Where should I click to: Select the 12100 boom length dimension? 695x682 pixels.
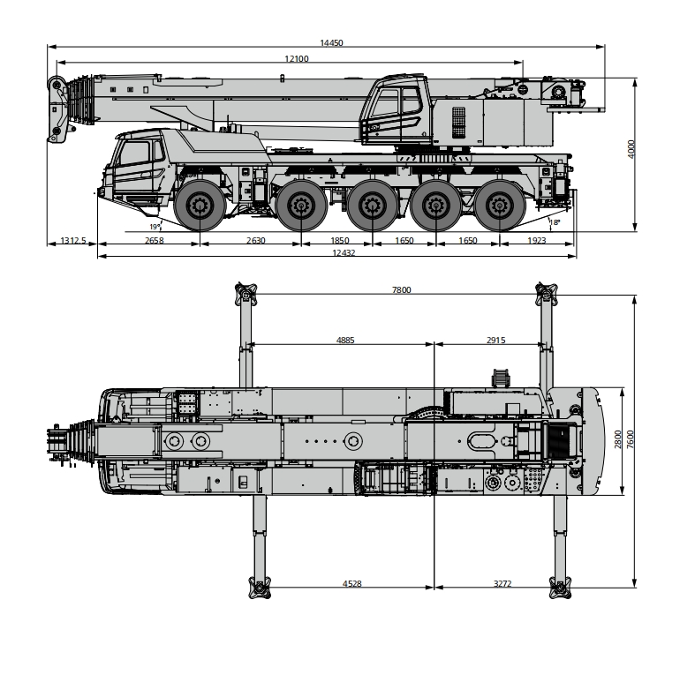[x=296, y=58]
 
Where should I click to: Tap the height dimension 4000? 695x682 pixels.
[x=631, y=149]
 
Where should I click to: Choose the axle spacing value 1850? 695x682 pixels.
[x=338, y=241]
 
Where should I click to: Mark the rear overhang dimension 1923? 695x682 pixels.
[x=536, y=241]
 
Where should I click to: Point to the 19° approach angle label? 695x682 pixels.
[x=155, y=226]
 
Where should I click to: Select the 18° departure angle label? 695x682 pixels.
[x=555, y=223]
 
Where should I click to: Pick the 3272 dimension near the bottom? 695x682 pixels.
[x=502, y=583]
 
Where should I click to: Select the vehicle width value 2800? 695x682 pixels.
[x=617, y=438]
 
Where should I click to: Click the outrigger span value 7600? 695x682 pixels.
[x=630, y=438]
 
